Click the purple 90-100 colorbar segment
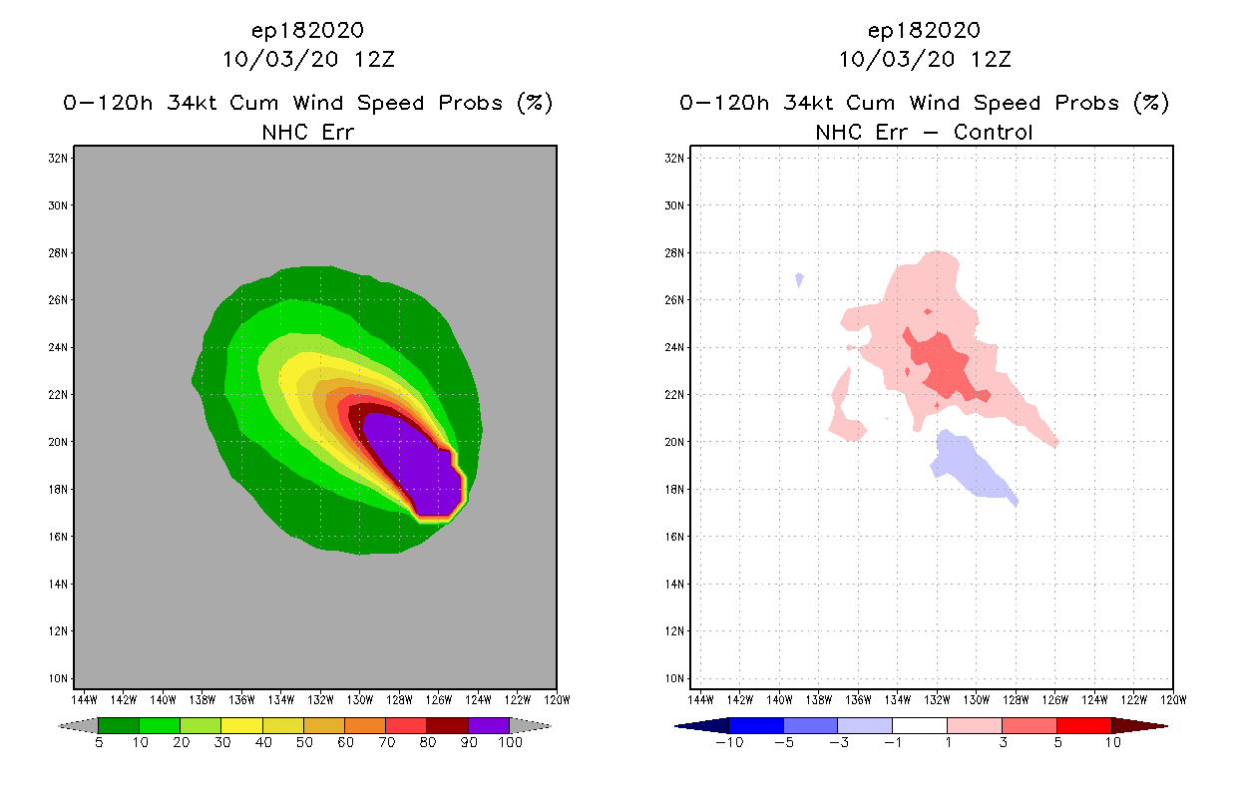(x=489, y=725)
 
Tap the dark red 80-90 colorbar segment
(x=447, y=725)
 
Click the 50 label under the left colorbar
(x=303, y=742)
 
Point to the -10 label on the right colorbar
(x=729, y=742)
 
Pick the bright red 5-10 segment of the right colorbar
(x=1083, y=725)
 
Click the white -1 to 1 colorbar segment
(x=919, y=725)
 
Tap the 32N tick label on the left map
(x=59, y=159)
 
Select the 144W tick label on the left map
(x=84, y=698)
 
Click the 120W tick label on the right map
(x=1173, y=698)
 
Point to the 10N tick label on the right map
(x=675, y=679)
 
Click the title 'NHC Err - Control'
(x=924, y=132)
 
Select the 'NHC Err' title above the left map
(x=307, y=132)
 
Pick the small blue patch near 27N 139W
(x=799, y=279)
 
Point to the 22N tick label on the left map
(x=59, y=395)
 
